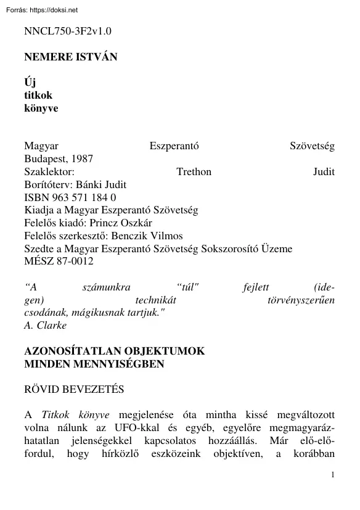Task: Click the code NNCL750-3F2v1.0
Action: [68, 31]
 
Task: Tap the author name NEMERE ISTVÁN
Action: [70, 57]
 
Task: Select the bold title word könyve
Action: [41, 108]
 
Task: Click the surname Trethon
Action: [194, 171]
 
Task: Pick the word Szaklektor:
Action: [49, 171]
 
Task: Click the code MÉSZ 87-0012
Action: [59, 262]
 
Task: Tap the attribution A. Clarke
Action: [45, 326]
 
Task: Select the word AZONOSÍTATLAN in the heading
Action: [73, 351]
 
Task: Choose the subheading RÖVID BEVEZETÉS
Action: [74, 390]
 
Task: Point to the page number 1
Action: [333, 474]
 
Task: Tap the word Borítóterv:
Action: [48, 184]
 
